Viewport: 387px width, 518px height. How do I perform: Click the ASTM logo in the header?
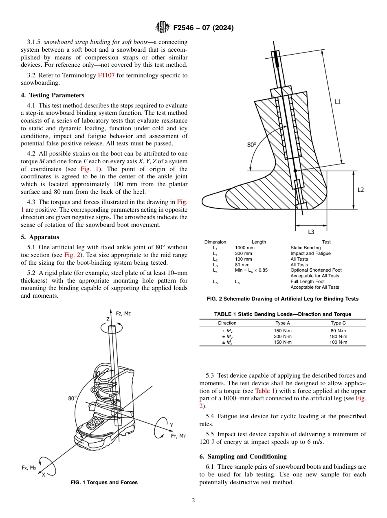tap(163, 28)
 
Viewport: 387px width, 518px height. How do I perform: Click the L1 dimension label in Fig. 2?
tap(338, 101)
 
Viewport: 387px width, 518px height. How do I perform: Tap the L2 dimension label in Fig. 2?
tap(361, 190)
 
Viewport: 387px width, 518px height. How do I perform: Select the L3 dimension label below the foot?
tap(311, 232)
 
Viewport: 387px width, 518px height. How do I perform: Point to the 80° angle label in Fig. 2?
tap(252, 145)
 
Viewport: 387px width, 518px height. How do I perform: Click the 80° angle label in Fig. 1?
tap(73, 398)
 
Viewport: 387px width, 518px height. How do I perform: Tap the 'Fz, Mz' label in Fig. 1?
tap(123, 313)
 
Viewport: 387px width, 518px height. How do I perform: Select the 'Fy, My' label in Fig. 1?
tap(178, 436)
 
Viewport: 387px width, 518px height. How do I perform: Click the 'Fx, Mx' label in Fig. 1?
tap(29, 468)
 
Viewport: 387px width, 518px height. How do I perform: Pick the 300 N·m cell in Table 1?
tap(283, 336)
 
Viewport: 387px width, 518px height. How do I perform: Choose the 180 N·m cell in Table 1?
tap(338, 336)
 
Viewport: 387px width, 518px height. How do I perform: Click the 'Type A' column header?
tap(283, 323)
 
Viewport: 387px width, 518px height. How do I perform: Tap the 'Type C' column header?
tap(338, 323)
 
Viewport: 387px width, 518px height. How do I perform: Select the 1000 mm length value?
tap(244, 248)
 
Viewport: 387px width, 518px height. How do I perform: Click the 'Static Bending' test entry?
tap(306, 248)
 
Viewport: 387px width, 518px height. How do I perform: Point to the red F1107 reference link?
tap(106, 75)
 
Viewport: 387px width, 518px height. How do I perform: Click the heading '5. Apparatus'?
tap(40, 237)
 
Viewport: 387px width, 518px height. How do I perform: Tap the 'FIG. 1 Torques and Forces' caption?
tap(104, 483)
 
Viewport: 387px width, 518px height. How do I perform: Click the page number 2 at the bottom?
tap(193, 500)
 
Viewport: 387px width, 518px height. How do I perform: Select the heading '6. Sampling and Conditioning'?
tap(243, 457)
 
